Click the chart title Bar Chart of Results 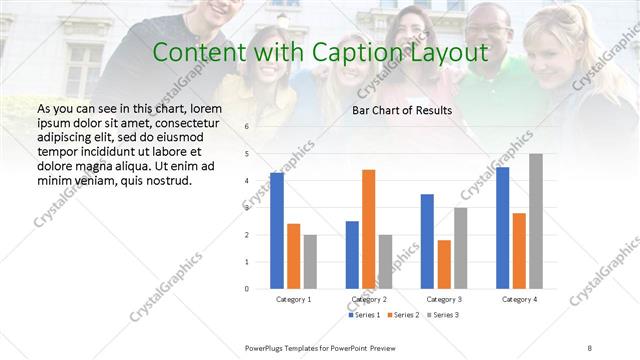point(402,110)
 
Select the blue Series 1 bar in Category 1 point(277,230)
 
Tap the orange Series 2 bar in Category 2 point(368,229)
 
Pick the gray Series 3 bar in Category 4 point(536,221)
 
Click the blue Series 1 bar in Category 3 point(427,241)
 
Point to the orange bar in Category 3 point(444,264)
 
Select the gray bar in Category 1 point(310,261)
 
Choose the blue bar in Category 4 point(502,227)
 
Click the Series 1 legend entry point(365,315)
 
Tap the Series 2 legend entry point(402,315)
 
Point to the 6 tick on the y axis point(247,127)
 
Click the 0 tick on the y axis point(247,288)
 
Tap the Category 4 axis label point(519,299)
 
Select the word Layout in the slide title point(448,52)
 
